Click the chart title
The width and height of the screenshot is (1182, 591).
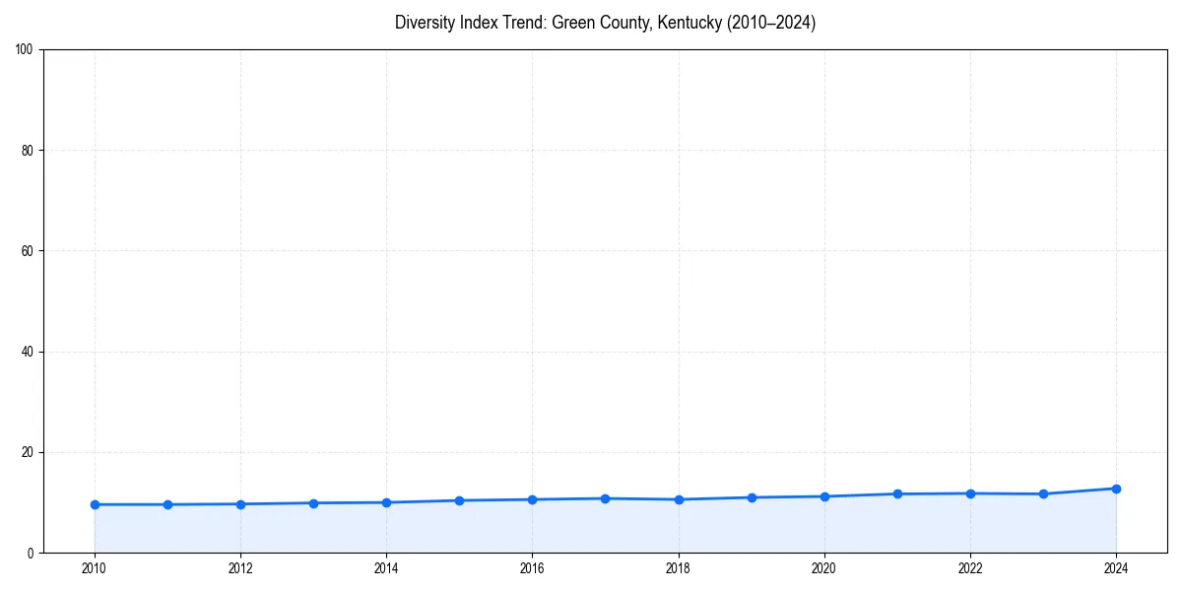(605, 23)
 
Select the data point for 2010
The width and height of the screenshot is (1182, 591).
(95, 504)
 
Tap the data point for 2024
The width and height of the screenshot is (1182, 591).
(1116, 489)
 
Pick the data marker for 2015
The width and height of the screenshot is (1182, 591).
(459, 500)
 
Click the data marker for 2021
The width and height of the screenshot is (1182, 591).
(897, 493)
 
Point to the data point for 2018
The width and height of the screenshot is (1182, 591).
(679, 499)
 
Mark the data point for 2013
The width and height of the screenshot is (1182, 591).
(313, 503)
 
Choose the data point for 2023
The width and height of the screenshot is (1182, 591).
(1043, 493)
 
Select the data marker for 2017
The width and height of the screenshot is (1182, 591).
(605, 498)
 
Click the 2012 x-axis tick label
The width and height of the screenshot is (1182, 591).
(240, 568)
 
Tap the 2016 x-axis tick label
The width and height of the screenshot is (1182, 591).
(532, 568)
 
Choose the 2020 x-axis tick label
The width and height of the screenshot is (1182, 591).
(824, 568)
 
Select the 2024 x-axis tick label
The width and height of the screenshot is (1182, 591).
(1116, 568)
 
